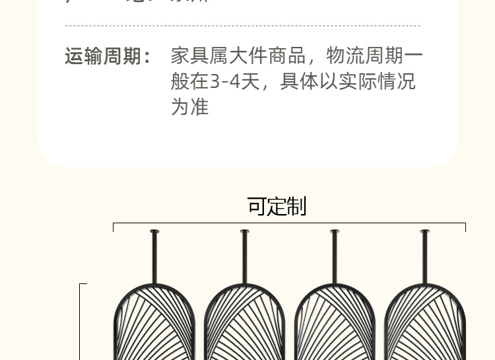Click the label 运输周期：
(108, 56)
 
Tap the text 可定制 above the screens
(277, 206)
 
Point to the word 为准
(189, 106)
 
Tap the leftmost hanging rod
(154, 258)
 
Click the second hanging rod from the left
(245, 258)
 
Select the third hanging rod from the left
(335, 258)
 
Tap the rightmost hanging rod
(424, 258)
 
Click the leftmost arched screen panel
(154, 324)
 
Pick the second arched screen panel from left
(245, 324)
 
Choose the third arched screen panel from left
(335, 324)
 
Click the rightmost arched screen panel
(424, 324)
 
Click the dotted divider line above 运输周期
(242, 26)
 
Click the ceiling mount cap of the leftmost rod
(154, 231)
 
